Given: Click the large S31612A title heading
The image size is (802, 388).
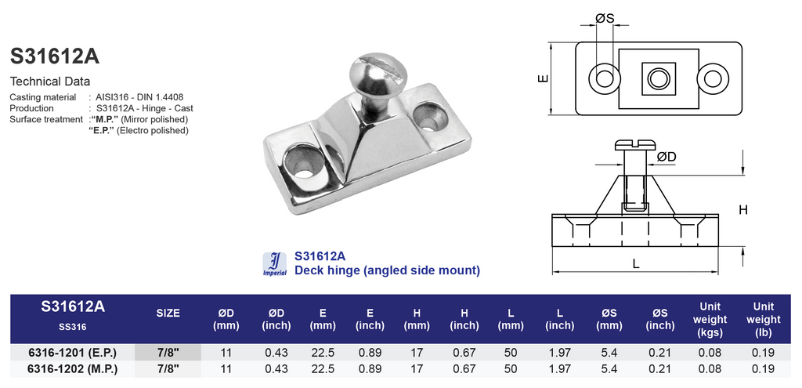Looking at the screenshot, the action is point(55,56).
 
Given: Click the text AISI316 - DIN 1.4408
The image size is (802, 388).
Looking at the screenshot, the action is point(139,96).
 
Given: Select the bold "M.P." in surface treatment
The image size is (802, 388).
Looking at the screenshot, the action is point(104,119).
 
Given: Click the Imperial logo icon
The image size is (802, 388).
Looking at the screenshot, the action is point(275,264).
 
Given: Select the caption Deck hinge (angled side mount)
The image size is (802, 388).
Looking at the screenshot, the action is point(387,270).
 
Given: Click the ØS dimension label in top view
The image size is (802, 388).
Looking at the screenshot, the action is point(605,19).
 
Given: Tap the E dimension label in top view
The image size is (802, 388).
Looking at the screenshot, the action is point(544,79).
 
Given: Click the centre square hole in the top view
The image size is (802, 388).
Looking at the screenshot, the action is point(659,79).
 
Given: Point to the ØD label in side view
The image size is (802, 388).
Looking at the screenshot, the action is point(667,157).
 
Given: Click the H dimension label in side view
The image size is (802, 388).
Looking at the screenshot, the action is point(743,210).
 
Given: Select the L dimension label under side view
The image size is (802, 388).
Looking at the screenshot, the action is point(636,264).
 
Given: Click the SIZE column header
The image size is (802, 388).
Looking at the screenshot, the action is point(168,314).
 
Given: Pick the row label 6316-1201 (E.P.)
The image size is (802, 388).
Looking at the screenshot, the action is point(72,353).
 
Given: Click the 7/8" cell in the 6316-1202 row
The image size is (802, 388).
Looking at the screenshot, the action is point(168,369).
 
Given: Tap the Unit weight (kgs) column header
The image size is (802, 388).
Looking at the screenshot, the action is point(710,319).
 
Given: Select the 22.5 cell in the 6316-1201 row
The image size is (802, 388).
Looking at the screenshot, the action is point(323,353).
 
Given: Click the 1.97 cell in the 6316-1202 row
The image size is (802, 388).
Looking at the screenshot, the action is point(559,369).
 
